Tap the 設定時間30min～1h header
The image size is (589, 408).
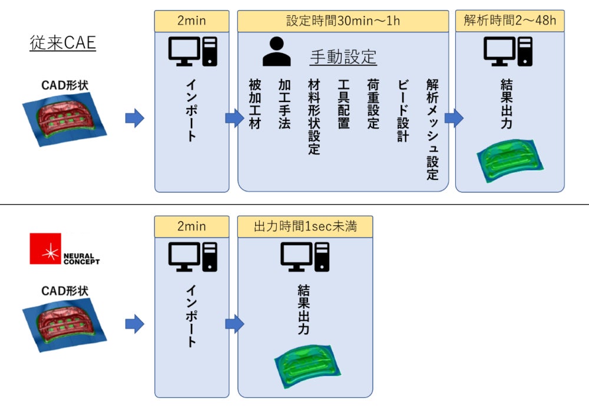tap(343, 21)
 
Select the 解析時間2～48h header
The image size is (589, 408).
tap(509, 21)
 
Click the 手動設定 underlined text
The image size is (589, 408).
tap(343, 57)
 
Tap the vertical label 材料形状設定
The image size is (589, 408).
tap(314, 117)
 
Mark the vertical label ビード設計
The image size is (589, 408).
tap(402, 111)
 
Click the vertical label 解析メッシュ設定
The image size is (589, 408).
tap(432, 130)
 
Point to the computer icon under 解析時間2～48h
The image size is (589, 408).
tap(509, 52)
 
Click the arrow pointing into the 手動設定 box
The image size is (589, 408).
tap(234, 119)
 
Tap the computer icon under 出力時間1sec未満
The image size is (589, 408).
tap(305, 257)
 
